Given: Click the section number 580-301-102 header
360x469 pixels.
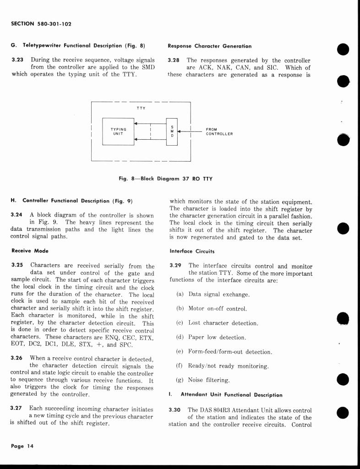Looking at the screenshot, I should (41, 24).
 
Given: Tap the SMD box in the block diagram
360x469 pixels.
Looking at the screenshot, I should (171, 131).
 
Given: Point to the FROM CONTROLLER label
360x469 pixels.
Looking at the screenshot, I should (219, 131).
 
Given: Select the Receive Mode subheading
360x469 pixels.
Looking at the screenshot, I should (29, 251).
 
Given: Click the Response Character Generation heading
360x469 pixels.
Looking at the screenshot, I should (209, 46).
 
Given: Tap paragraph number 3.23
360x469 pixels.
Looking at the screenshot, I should (18, 60).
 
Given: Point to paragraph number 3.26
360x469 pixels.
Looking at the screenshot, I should (18, 358).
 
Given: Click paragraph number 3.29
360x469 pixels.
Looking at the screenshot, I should (176, 266).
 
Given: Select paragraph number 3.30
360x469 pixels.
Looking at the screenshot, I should (176, 410).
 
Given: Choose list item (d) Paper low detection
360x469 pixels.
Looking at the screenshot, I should (211, 338).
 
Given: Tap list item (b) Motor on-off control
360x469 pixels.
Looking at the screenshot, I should (211, 309).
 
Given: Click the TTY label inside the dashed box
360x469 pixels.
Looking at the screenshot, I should (141, 108).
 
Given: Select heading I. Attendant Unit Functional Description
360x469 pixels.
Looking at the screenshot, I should (226, 394).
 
